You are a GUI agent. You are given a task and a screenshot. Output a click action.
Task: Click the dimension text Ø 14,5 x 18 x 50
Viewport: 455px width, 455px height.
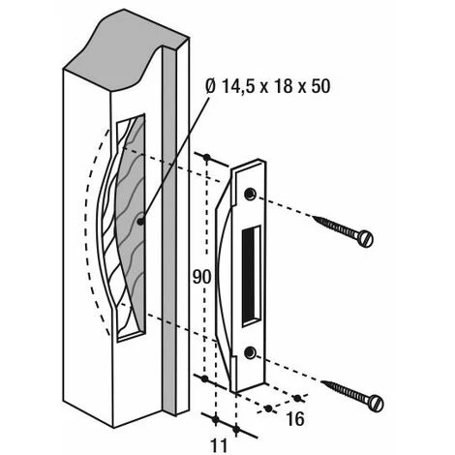point(267,86)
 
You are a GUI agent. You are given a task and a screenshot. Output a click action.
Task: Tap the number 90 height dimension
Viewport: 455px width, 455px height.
point(201,277)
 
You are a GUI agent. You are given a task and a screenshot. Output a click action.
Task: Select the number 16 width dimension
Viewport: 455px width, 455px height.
point(295,419)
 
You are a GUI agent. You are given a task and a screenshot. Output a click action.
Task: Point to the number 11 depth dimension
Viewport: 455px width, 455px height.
point(219,446)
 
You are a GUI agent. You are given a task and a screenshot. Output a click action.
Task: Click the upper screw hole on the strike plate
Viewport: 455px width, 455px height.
point(250,194)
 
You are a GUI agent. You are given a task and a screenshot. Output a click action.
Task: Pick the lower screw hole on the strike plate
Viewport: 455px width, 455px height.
point(250,352)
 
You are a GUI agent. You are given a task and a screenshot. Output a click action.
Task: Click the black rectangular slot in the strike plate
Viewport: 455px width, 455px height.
point(251,276)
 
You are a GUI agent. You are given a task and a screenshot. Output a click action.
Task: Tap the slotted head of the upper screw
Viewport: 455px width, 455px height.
point(366,238)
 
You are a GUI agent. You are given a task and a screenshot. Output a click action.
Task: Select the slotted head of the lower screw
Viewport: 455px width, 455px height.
point(377,403)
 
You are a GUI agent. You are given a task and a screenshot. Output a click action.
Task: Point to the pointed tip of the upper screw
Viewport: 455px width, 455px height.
point(313,218)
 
